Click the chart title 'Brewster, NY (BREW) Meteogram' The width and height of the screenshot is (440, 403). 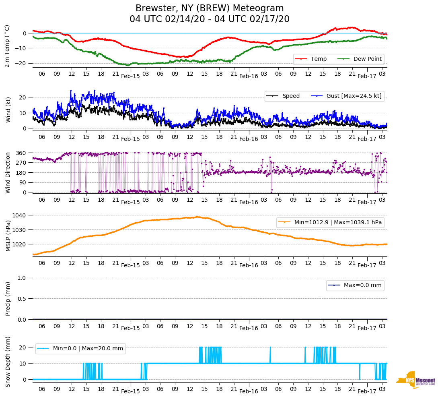pyautogui.click(x=210, y=8)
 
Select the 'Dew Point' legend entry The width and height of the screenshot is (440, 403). pyautogui.click(x=368, y=59)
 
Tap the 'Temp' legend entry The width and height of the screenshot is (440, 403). pyautogui.click(x=316, y=59)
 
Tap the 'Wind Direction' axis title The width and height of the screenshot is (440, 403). pyautogui.click(x=8, y=173)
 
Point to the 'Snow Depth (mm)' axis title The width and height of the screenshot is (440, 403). pyautogui.click(x=8, y=362)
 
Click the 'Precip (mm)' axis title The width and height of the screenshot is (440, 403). pyautogui.click(x=8, y=298)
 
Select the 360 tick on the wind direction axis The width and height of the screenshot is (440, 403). pyautogui.click(x=22, y=153)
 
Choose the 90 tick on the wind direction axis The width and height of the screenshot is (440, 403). pyautogui.click(x=23, y=182)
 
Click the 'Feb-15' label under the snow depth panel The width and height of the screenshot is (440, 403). pyautogui.click(x=130, y=391)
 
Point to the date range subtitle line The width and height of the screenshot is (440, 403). pyautogui.click(x=210, y=19)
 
